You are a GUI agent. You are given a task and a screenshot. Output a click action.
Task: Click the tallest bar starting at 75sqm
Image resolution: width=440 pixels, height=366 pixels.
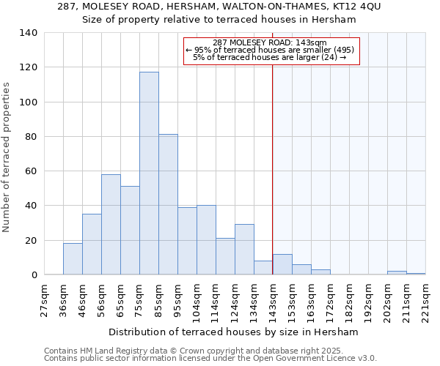[149, 173]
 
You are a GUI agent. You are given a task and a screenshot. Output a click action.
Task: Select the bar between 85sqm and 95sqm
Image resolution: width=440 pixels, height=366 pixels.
[168, 204]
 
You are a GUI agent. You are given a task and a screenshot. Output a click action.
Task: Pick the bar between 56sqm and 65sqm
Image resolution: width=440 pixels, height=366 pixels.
[111, 225]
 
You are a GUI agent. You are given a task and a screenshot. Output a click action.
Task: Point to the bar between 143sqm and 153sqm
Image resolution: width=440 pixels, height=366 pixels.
[282, 264]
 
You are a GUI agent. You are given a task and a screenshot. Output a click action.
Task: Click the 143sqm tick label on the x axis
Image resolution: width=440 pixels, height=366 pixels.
[273, 299]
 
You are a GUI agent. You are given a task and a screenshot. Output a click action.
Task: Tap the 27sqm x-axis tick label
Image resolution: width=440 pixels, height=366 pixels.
[44, 299]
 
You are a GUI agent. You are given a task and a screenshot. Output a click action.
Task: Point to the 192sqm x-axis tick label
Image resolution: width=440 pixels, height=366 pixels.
[368, 299]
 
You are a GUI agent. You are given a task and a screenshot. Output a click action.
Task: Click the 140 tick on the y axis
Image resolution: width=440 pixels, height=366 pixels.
[29, 33]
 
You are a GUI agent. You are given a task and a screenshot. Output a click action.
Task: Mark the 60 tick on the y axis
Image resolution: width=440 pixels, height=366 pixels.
[32, 171]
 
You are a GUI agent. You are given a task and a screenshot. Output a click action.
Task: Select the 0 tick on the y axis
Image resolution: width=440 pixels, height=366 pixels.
[34, 275]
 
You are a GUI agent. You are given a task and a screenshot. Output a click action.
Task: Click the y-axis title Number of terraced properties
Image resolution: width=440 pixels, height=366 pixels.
[7, 157]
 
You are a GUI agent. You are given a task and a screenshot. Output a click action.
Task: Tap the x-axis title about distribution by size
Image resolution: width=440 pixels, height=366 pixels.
[238, 332]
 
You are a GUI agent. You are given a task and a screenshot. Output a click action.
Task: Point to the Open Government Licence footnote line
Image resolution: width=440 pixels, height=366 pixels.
[210, 359]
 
